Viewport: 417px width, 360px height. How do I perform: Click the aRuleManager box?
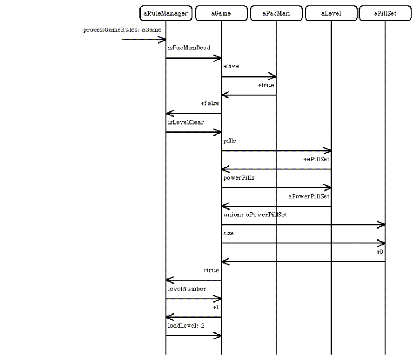pos(166,13)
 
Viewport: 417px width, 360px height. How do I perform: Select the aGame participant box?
pos(221,13)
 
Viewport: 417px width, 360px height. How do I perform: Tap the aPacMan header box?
pos(276,13)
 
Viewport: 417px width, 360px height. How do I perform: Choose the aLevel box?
pos(331,13)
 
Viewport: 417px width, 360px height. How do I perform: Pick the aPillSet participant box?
pos(385,13)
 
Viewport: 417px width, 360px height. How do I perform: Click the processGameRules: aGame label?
pos(122,30)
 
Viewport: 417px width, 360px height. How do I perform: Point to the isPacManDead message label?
pos(189,48)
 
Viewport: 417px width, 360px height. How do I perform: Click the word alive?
pos(231,66)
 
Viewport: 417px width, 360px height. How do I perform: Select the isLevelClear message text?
pos(186,122)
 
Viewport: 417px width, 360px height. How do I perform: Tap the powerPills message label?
pos(239,177)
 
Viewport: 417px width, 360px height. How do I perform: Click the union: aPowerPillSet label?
pos(255,215)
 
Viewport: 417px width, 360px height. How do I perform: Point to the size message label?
pos(228,233)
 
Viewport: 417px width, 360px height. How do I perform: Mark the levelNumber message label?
pos(187,289)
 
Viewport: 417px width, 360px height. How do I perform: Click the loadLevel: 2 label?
pos(186,326)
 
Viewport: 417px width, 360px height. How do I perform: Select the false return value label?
pos(210,103)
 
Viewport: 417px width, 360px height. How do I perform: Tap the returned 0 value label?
pos(380,251)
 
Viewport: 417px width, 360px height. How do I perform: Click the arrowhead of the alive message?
pos(273,76)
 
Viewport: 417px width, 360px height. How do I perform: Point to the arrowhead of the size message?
pos(381,243)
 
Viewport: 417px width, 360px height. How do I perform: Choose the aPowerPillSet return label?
pos(309,196)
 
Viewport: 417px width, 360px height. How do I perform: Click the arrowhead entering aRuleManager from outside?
pos(162,40)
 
